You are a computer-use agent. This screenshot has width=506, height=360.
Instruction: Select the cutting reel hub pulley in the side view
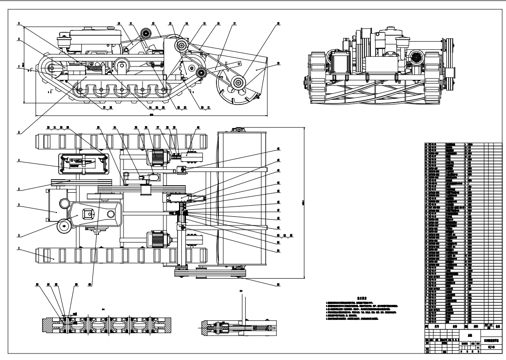point(239,83)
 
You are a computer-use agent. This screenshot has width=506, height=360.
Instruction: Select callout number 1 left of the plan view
point(19,249)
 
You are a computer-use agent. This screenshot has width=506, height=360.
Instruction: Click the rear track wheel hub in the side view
point(50,69)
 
